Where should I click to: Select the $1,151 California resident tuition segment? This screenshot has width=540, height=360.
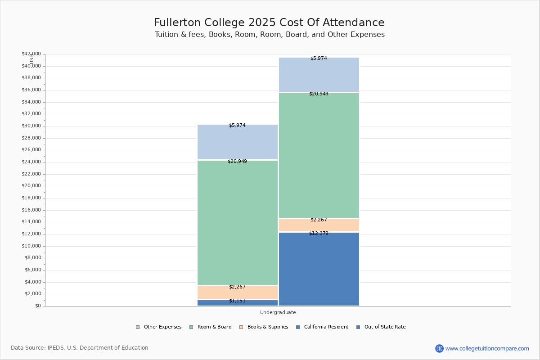237,303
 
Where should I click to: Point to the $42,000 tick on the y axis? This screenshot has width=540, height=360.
31,54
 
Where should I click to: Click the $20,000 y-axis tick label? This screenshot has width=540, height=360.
31,186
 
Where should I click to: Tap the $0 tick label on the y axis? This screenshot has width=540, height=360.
38,306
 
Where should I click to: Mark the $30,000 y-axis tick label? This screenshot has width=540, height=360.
31,126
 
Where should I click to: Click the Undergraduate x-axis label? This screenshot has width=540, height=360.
278,312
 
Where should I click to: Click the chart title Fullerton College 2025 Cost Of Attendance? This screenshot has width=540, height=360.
269,22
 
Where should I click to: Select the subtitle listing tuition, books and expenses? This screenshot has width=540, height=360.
270,35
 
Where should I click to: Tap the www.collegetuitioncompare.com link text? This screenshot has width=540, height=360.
487,348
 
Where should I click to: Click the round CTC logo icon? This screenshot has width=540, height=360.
439,348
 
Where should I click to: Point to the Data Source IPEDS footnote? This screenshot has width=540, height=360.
80,348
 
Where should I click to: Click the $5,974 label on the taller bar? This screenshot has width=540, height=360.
319,58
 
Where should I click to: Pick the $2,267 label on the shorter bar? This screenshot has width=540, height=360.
237,287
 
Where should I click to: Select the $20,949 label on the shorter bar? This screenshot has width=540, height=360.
237,161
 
